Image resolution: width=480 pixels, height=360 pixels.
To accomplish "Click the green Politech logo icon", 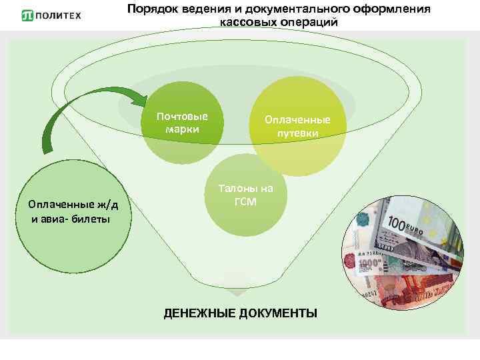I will click(x=27, y=15).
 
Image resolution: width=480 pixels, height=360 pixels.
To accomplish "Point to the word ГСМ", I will click(x=245, y=201).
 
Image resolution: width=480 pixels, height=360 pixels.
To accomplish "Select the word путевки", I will click(x=298, y=133).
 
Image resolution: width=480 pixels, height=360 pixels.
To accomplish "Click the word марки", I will click(x=182, y=129).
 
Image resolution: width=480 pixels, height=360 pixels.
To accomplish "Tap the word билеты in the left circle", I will click(x=91, y=219).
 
